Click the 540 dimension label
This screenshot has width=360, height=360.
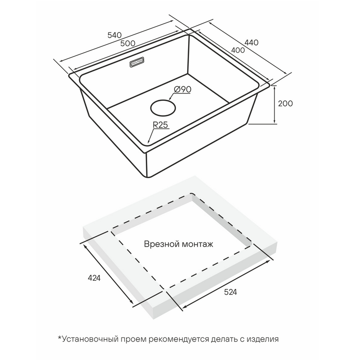(x=114, y=35)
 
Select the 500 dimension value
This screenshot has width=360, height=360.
(x=128, y=43)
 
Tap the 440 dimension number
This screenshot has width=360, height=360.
(x=252, y=42)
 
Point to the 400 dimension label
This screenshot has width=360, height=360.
(x=238, y=50)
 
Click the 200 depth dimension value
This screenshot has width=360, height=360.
(x=285, y=103)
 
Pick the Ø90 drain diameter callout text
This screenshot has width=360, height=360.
(x=183, y=89)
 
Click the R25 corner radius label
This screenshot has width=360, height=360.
(x=161, y=125)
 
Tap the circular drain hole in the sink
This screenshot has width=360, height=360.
(x=163, y=108)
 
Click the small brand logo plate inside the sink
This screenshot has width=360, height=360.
(x=137, y=62)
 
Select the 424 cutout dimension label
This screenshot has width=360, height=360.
(x=94, y=278)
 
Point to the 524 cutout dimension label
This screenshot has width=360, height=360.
(x=230, y=292)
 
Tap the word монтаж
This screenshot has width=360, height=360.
(x=198, y=244)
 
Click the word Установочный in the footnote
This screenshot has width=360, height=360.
(x=90, y=339)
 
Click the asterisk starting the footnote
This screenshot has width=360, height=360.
(x=60, y=338)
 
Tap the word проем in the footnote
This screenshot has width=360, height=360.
(x=133, y=340)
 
